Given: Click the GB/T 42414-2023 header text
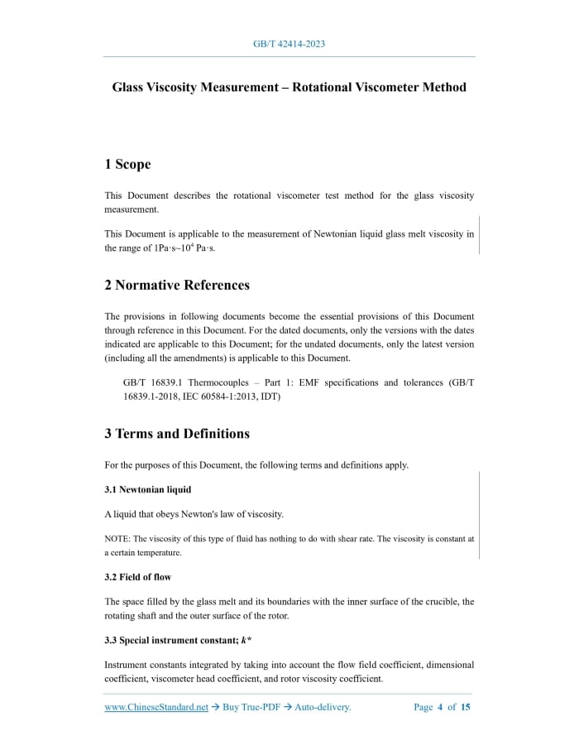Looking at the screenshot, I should [x=289, y=44].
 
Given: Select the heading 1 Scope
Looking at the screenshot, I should [x=127, y=164].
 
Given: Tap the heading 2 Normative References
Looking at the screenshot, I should [x=177, y=285].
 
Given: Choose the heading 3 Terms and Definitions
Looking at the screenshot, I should [x=177, y=433].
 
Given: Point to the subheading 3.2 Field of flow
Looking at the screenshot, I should [x=137, y=576].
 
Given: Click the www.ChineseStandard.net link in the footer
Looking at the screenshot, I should [x=156, y=707].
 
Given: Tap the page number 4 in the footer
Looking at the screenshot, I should [x=440, y=707].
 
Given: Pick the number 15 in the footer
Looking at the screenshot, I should [x=466, y=707].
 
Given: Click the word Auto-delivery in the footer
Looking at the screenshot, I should [x=323, y=707].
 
